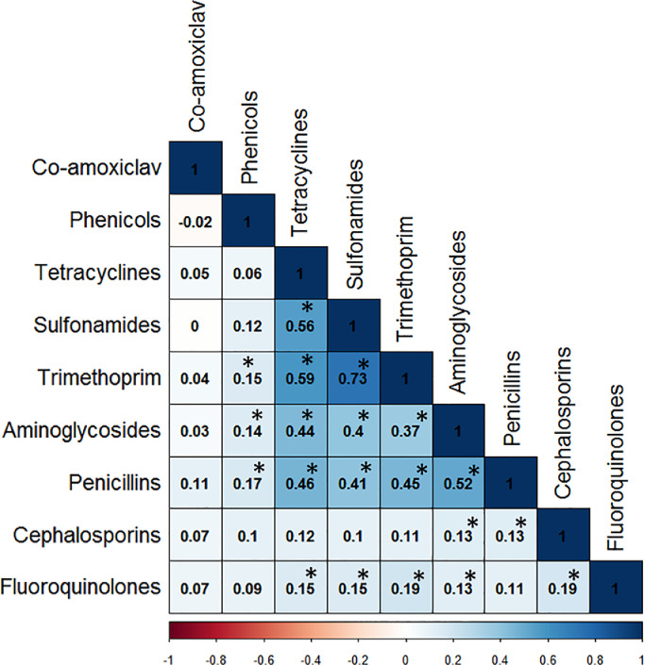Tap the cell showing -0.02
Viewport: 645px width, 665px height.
[195, 221]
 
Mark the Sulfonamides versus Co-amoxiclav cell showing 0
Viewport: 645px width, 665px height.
[195, 325]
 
